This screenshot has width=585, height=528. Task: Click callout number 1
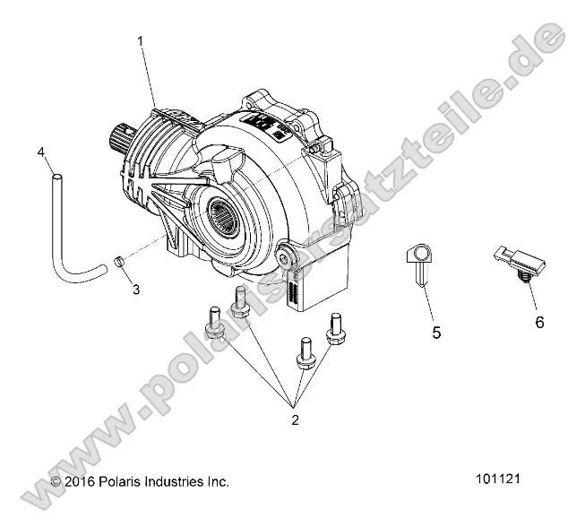[x=140, y=41]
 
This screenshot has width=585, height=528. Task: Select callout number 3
[x=135, y=290]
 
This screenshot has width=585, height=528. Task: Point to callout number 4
[x=42, y=153]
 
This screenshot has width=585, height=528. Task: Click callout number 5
[x=436, y=332]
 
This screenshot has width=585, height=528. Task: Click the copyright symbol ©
[x=56, y=481]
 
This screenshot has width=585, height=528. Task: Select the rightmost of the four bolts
[x=336, y=329]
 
